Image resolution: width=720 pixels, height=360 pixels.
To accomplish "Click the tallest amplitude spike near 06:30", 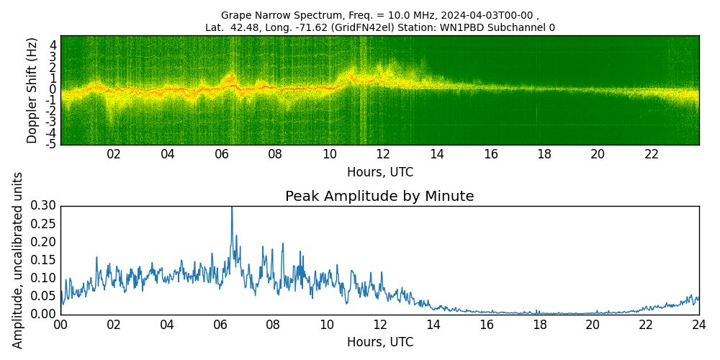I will pyautogui.click(x=232, y=208).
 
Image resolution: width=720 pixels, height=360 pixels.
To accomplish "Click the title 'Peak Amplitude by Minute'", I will pyautogui.click(x=379, y=197).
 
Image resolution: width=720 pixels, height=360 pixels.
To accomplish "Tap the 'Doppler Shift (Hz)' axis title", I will pyautogui.click(x=32, y=90).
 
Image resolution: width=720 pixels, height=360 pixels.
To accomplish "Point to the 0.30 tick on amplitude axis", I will pyautogui.click(x=44, y=206).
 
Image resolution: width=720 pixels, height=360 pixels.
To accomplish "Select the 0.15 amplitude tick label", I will pyautogui.click(x=44, y=260).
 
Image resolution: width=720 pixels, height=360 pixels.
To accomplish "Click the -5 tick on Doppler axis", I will pyautogui.click(x=52, y=145).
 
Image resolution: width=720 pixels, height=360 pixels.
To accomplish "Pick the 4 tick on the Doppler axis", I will pyautogui.click(x=53, y=45).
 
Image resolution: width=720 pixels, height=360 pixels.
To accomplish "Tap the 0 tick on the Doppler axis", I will pyautogui.click(x=53, y=89).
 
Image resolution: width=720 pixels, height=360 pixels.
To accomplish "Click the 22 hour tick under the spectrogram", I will pyautogui.click(x=651, y=154).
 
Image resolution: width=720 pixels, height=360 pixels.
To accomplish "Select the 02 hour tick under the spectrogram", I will pyautogui.click(x=114, y=154).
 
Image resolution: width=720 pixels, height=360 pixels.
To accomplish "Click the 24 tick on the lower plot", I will pyautogui.click(x=699, y=324).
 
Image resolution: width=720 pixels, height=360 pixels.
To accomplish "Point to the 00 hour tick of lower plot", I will pyautogui.click(x=60, y=324).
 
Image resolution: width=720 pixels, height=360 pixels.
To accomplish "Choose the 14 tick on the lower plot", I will pyautogui.click(x=433, y=324).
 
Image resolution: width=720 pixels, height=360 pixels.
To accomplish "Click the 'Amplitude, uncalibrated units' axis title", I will pyautogui.click(x=18, y=260).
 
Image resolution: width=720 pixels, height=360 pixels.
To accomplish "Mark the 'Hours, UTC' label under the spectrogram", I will pyautogui.click(x=379, y=173).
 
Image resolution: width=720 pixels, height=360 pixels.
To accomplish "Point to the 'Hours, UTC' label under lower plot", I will pyautogui.click(x=379, y=343).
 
